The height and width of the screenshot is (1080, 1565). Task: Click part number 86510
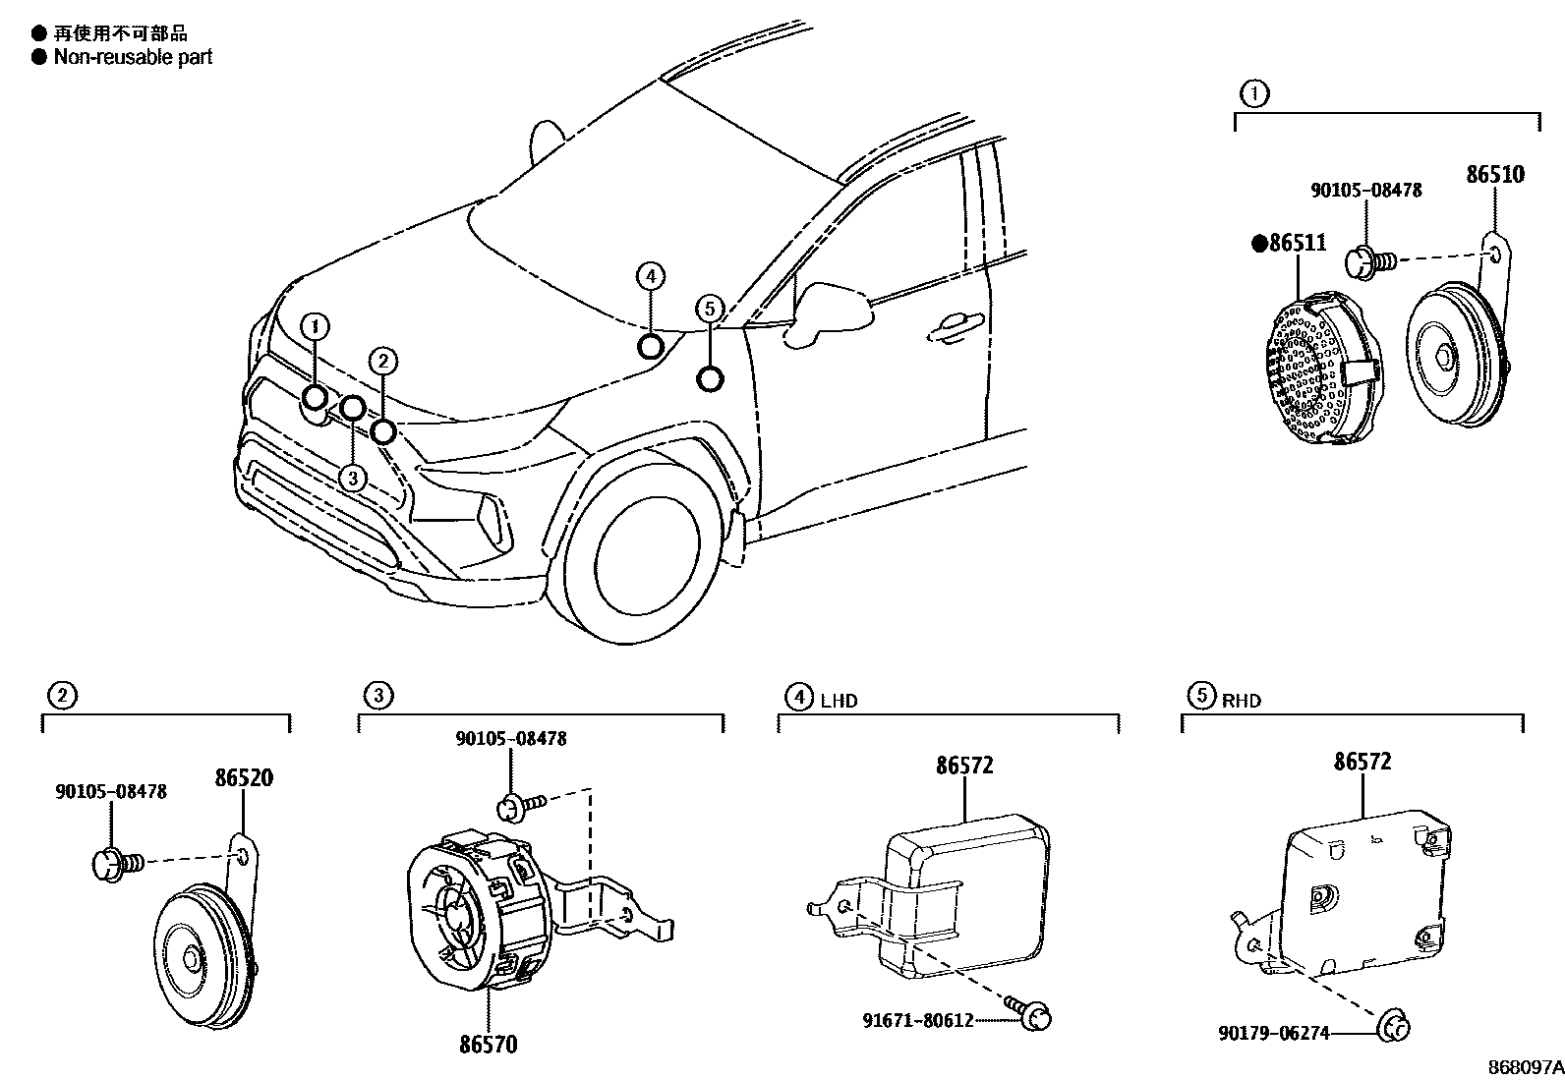pos(1494,175)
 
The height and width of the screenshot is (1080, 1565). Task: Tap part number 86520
pos(244,778)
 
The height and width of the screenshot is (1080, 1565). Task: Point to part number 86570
pos(488,1044)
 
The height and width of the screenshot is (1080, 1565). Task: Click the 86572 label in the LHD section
pos(964,765)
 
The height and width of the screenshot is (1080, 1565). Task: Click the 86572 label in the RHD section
pos(1362,762)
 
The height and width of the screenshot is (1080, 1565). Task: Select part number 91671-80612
pos(918,1020)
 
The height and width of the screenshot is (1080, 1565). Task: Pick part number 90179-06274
pos(1273,1033)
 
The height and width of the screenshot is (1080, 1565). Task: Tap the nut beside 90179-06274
pos(1396,1029)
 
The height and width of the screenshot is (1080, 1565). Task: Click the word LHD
pos(839,701)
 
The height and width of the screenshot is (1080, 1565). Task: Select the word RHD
pos(1241,701)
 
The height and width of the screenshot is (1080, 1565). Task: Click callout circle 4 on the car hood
pos(650,276)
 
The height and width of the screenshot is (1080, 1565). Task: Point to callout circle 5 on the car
pos(710,309)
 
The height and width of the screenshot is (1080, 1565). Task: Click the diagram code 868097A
pos(1525,1066)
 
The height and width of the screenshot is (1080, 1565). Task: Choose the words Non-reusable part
pos(133,57)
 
